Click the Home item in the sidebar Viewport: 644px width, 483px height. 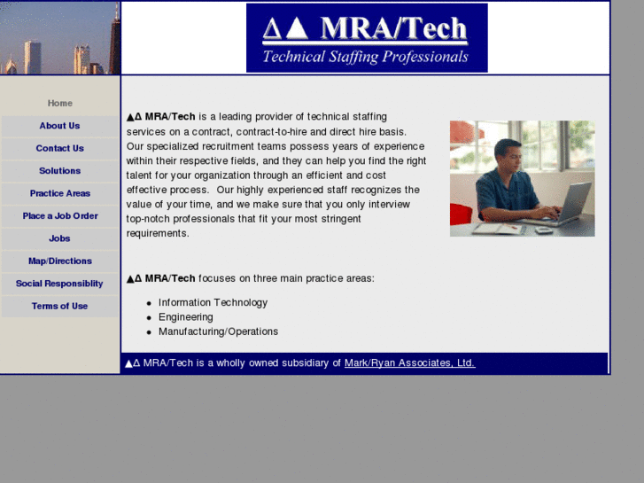(x=59, y=104)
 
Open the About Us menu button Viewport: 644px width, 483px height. (x=59, y=126)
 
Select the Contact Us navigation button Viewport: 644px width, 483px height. (x=59, y=149)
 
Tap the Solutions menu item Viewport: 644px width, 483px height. (x=59, y=171)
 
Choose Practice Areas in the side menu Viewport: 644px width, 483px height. (x=59, y=193)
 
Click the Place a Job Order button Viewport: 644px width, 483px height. (x=59, y=216)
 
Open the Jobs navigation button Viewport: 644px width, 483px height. (x=59, y=238)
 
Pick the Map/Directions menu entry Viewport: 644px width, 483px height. (x=59, y=261)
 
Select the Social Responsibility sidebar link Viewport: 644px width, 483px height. (x=59, y=284)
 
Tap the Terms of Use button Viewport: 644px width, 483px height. (x=59, y=307)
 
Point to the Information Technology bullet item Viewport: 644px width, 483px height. (x=213, y=303)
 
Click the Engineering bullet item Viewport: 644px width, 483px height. (x=186, y=317)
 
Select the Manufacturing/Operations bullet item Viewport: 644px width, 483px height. (x=218, y=332)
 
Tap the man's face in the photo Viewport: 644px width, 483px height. (x=508, y=157)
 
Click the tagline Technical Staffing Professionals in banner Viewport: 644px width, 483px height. (x=365, y=58)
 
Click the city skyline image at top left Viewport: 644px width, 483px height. (x=59, y=38)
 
